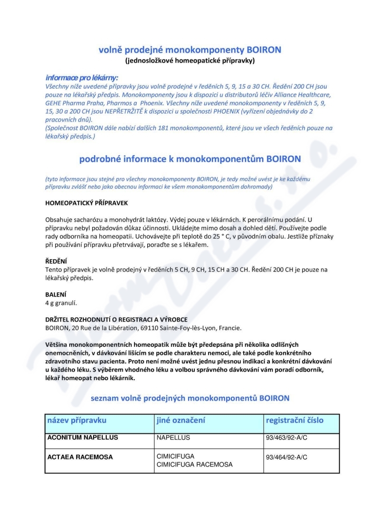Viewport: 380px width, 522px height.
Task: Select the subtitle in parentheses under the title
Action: (x=190, y=61)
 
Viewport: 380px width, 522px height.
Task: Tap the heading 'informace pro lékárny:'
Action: (x=82, y=77)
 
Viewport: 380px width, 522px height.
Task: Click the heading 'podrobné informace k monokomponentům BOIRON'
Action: (x=190, y=159)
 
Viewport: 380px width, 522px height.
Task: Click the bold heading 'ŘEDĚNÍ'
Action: (x=56, y=261)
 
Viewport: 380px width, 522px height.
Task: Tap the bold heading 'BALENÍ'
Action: (x=56, y=294)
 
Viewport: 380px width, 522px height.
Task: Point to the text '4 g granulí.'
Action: (x=61, y=302)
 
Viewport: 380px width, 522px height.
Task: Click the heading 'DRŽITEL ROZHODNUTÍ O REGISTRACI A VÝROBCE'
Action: (x=116, y=319)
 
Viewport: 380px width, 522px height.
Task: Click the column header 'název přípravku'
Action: (x=77, y=420)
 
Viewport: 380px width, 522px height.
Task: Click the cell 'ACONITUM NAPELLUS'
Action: (x=83, y=437)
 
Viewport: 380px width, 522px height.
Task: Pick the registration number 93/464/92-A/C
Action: (x=286, y=457)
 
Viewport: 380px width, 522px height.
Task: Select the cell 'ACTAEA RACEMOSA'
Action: (x=80, y=457)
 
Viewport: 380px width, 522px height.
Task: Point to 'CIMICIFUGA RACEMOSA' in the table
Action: (x=194, y=465)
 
